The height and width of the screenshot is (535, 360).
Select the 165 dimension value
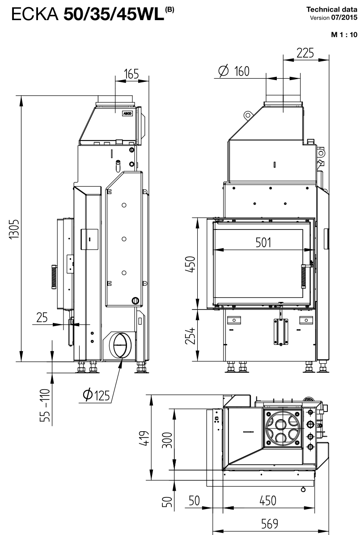tap(131, 74)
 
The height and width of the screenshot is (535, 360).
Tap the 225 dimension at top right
tap(305, 53)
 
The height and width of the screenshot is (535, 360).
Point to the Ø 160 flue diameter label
tap(234, 71)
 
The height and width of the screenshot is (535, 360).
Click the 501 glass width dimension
tap(263, 242)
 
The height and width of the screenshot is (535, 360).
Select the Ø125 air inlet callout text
tap(97, 395)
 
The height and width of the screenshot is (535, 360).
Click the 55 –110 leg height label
tap(45, 405)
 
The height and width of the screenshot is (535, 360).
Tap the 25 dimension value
tap(42, 317)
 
